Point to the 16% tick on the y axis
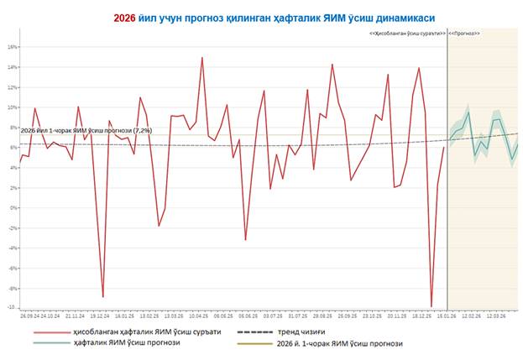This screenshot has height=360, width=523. [x=12, y=46]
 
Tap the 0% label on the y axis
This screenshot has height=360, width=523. [x=13, y=208]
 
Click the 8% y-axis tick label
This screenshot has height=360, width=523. [x=13, y=128]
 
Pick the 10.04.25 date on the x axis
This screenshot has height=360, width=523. [x=199, y=317]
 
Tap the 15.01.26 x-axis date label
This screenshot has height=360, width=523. [x=445, y=317]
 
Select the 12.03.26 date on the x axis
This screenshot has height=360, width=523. [x=495, y=317]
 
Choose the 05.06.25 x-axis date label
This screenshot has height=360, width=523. [x=248, y=317]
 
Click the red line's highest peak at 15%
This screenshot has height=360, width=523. [x=202, y=58]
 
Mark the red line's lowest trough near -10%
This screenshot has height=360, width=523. [x=431, y=307]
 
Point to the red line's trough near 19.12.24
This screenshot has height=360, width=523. [x=103, y=296]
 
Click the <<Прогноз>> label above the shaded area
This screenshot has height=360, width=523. [x=464, y=33]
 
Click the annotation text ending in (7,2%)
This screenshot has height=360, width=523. [x=86, y=131]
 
